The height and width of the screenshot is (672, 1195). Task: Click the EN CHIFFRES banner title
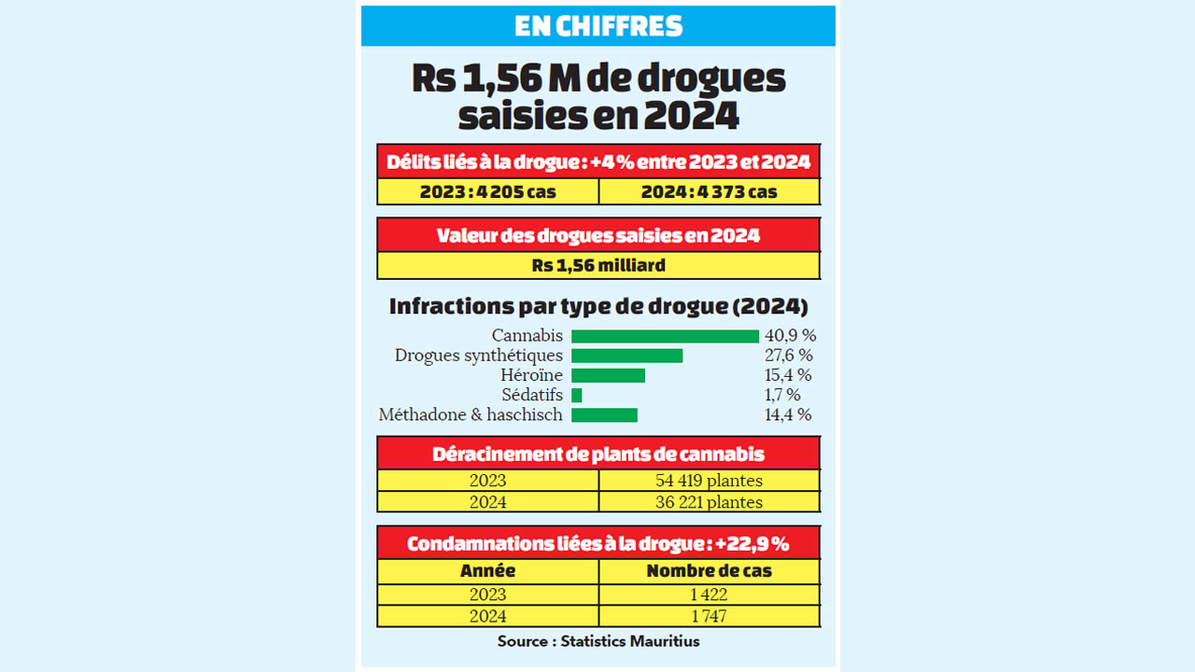[597, 26]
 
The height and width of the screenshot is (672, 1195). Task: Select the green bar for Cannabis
[665, 336]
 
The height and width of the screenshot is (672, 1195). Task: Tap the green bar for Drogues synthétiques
[626, 356]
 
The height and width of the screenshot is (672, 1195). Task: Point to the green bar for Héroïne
[608, 375]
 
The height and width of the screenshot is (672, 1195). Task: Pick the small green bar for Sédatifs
[577, 395]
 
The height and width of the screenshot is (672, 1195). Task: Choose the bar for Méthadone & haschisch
[604, 414]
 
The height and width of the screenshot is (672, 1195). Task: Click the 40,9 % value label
[790, 336]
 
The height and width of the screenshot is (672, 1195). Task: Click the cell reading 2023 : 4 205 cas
[487, 191]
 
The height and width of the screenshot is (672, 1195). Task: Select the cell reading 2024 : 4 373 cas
[709, 191]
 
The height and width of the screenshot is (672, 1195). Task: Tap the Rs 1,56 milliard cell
[598, 265]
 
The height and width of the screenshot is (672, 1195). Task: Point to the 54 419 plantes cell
[709, 481]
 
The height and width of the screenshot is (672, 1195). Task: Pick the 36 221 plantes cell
[709, 502]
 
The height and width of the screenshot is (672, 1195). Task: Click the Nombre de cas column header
[709, 570]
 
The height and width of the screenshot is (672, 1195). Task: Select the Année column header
[487, 570]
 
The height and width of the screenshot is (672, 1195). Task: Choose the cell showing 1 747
[709, 616]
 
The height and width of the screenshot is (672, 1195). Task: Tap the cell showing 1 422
[709, 595]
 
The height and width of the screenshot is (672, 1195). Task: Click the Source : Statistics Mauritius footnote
[598, 641]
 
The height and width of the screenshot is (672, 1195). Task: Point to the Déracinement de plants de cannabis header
[598, 455]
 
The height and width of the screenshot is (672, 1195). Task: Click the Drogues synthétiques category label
[479, 356]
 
